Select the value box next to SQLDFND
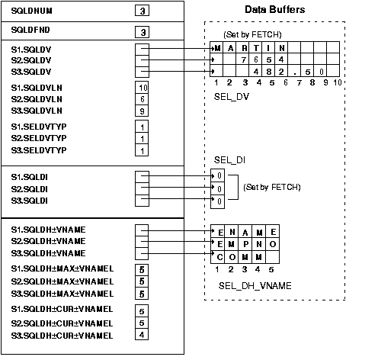pyautogui.click(x=142, y=32)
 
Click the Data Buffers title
pyautogui.click(x=276, y=10)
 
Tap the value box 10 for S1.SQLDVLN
pyautogui.click(x=142, y=88)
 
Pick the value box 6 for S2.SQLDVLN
pyautogui.click(x=142, y=99)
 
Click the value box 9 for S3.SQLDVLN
pyautogui.click(x=142, y=111)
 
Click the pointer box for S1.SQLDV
pyautogui.click(x=142, y=47)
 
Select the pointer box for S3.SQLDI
pyautogui.click(x=142, y=201)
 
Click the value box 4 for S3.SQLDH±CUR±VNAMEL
pyautogui.click(x=142, y=335)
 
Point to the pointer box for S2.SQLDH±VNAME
pyautogui.click(x=142, y=240)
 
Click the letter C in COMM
pyautogui.click(x=218, y=256)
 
